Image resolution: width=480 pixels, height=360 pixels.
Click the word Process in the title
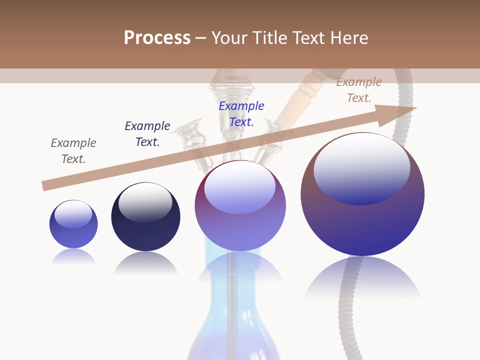click(157, 38)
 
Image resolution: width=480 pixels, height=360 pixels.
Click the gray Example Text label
click(73, 151)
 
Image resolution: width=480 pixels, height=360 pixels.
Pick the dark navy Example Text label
click(147, 134)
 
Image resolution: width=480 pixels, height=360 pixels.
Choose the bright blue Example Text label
click(241, 114)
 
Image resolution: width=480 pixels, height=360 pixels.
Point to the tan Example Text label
click(359, 90)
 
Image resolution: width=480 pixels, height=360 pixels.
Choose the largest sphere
click(362, 220)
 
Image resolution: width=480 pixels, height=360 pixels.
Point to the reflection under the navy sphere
click(145, 262)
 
